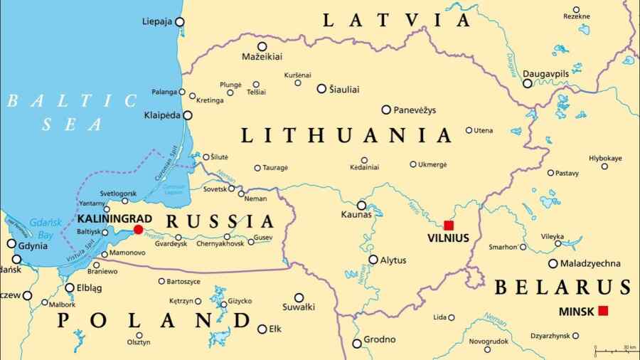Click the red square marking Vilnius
pyautogui.click(x=449, y=225)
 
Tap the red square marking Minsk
pyautogui.click(x=603, y=310)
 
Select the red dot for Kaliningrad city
pyautogui.click(x=138, y=229)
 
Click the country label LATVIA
pyautogui.click(x=396, y=20)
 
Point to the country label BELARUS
pyautogui.click(x=562, y=287)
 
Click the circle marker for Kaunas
pyautogui.click(x=361, y=205)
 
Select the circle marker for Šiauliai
pyautogui.click(x=321, y=89)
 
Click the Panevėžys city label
pyautogui.click(x=415, y=110)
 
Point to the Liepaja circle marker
pyautogui.click(x=179, y=22)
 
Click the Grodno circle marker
pyautogui.click(x=357, y=343)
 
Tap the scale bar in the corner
pyautogui.click(x=615, y=350)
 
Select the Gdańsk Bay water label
pyautogui.click(x=44, y=228)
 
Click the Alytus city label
pyautogui.click(x=393, y=260)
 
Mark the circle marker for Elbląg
pyautogui.click(x=70, y=288)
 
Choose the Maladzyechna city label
pyautogui.click(x=590, y=263)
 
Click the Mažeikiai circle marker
pyautogui.click(x=262, y=46)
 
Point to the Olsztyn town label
pyautogui.click(x=139, y=342)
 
